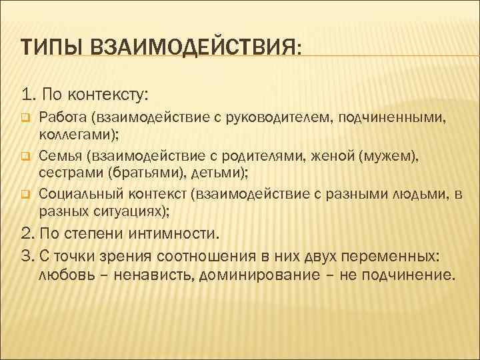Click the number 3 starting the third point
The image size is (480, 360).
pos(25,257)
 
